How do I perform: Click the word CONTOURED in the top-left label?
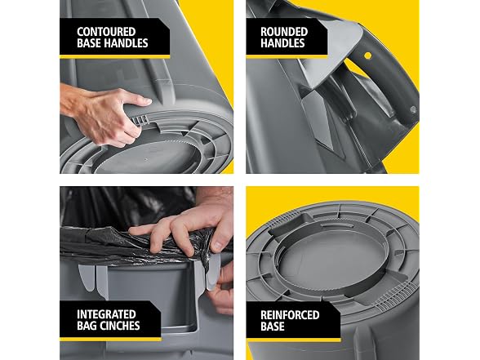pos(106,32)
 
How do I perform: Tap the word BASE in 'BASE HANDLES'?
pos(89,43)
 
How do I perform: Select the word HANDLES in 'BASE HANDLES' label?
pos(126,43)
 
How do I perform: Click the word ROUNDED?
pos(284,32)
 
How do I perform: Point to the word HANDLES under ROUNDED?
pos(282,43)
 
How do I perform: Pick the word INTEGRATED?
pos(106,314)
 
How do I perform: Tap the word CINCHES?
pos(120,326)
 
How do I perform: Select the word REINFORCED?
pos(290,315)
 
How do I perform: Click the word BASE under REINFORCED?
pos(273,327)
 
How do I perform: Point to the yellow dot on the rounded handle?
pos(367,56)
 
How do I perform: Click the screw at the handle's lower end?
pos(412,109)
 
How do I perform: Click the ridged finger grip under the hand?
pos(141,121)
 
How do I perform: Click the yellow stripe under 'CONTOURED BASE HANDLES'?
pos(115,56)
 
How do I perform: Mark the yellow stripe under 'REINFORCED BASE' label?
pos(294,340)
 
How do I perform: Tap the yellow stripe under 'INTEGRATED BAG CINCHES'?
pos(110,340)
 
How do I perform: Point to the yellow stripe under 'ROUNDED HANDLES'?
pos(287,57)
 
